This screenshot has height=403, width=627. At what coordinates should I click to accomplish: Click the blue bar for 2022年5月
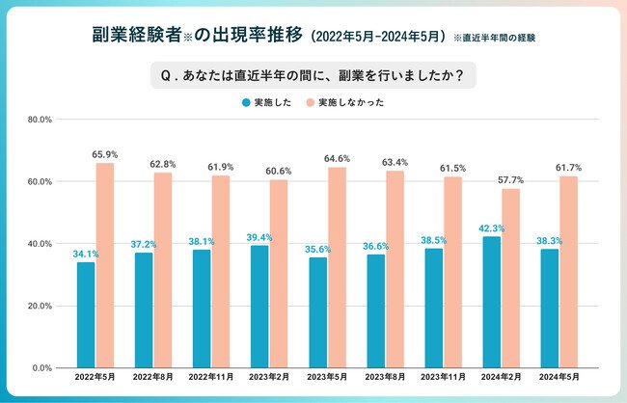click(86, 315)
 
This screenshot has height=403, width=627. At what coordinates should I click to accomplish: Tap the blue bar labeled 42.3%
click(492, 302)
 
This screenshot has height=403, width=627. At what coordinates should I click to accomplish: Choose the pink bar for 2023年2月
click(278, 274)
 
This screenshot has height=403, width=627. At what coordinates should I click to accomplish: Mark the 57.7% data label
click(511, 179)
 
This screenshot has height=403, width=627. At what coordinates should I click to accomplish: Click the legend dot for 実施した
click(246, 101)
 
